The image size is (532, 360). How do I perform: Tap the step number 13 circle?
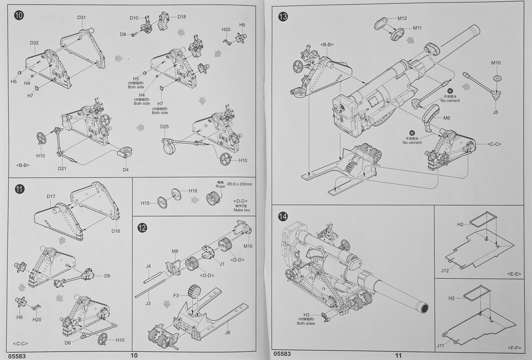coord(283,17)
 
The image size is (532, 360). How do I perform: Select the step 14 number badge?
coord(283,216)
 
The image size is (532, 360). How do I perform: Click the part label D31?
coord(81,17)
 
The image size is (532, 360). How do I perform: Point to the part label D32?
coord(34,43)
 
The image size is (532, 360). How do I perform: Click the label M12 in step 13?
coord(402,18)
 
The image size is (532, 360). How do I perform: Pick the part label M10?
coord(496,63)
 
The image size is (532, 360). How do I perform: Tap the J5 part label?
coord(495,112)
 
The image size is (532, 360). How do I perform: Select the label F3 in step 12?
coord(176,296)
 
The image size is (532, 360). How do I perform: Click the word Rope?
coord(220,186)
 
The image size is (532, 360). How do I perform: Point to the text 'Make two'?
coord(241,210)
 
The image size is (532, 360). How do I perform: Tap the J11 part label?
coord(442,345)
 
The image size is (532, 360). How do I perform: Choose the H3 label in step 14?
coord(307,315)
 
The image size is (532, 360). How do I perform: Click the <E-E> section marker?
coord(514,274)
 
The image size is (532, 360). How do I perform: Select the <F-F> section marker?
coord(514,347)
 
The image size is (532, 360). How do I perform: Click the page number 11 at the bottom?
coord(398,355)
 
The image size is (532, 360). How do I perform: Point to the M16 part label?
coord(248,246)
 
